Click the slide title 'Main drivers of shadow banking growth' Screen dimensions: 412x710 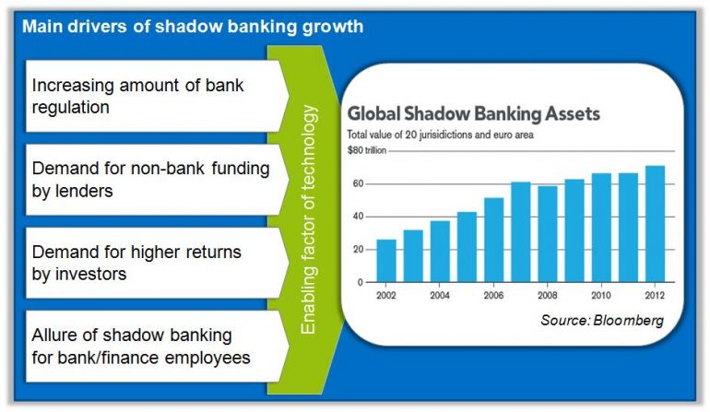pos(192,26)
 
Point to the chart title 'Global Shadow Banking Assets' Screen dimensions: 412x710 pos(473,115)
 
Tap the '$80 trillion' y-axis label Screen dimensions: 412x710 pos(366,148)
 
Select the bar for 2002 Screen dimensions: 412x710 pos(387,261)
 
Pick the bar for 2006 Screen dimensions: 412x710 pos(494,240)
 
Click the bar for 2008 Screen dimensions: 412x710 pos(548,234)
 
